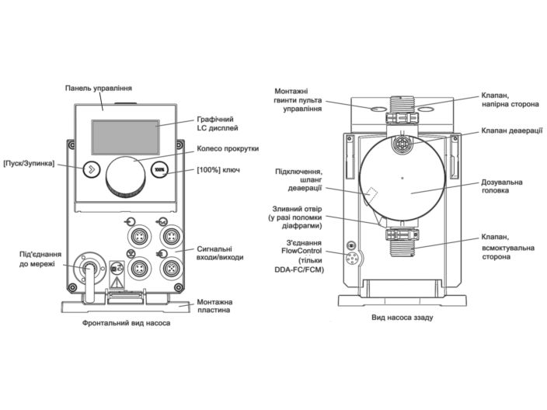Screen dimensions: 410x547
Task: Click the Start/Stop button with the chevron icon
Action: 92,169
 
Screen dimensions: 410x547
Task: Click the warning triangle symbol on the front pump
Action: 119,283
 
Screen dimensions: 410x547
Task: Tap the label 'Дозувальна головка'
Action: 501,186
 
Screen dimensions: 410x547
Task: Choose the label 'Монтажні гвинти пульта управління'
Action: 295,101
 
